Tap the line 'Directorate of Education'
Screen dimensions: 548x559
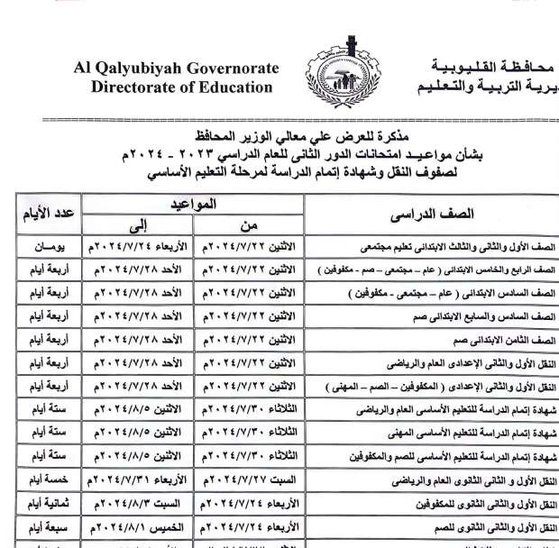181,87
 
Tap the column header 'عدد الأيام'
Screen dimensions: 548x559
48,216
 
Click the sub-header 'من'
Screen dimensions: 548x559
249,225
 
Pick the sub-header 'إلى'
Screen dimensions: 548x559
137,225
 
